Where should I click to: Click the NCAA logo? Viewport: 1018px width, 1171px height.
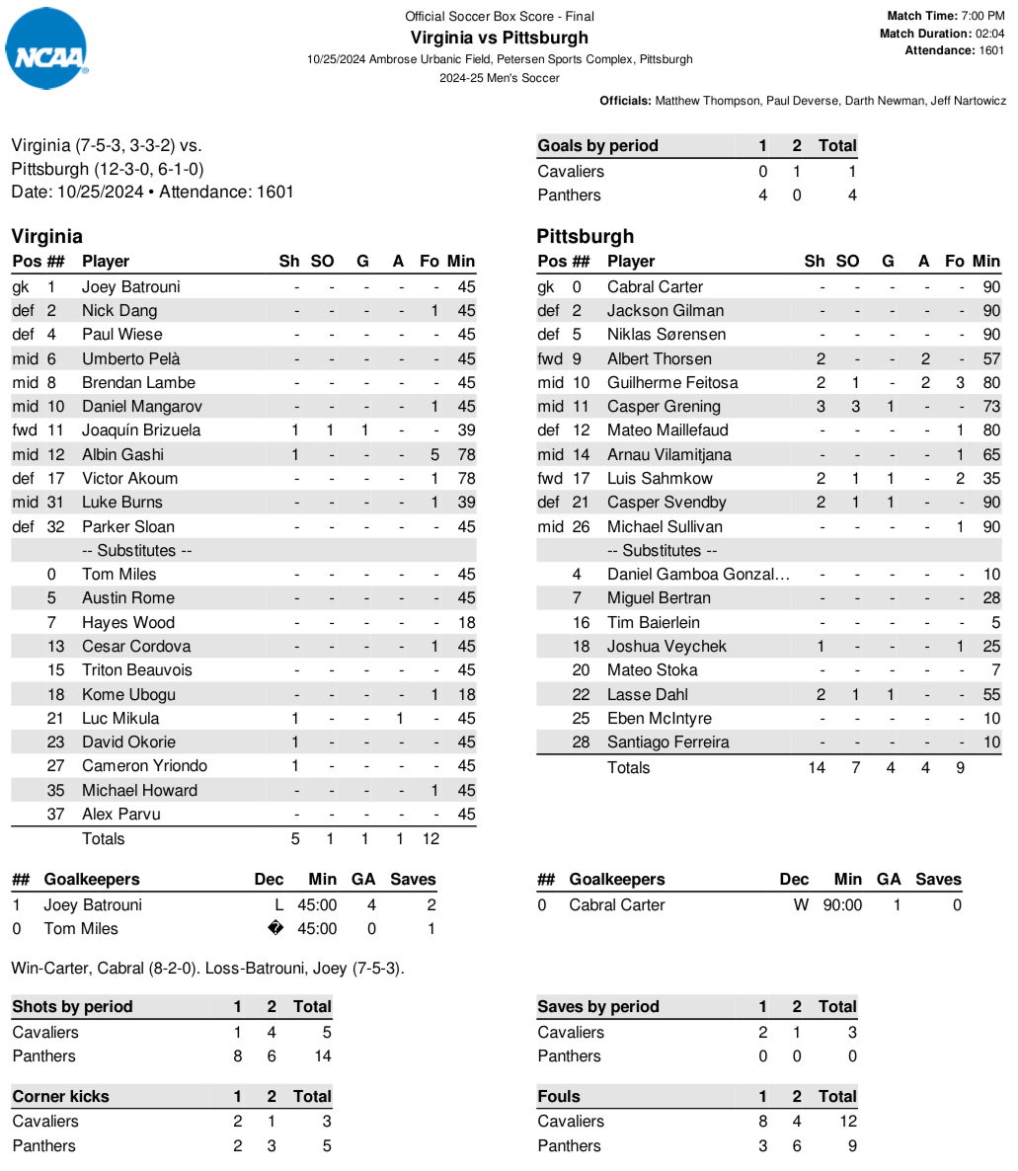pos(47,49)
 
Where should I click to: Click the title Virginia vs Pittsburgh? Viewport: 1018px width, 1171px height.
pos(499,38)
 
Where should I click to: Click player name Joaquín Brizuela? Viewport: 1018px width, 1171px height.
pos(141,430)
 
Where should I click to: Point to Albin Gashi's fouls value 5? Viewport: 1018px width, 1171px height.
pos(434,454)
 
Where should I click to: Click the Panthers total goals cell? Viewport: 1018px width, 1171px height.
pos(851,195)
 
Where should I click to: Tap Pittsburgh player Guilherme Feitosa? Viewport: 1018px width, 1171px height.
pos(672,382)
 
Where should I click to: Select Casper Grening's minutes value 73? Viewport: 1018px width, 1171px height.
pos(991,406)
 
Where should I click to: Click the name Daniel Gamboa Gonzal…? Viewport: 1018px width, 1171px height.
pos(698,574)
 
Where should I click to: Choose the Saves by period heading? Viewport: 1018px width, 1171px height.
pos(598,1006)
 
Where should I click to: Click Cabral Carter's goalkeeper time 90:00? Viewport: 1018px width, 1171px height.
pos(842,904)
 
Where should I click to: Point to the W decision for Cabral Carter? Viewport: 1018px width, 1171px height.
pos(801,904)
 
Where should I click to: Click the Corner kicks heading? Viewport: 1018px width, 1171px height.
pos(60,1096)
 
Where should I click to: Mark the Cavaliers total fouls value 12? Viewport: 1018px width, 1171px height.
pos(847,1121)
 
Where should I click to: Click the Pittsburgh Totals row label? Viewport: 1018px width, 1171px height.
pos(628,767)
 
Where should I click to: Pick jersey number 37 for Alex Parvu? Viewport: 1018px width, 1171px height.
pos(55,814)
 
